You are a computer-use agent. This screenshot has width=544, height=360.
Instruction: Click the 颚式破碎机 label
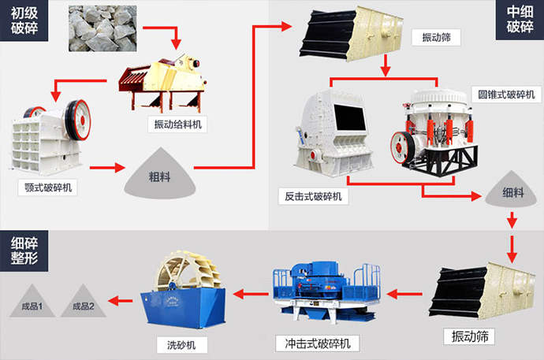(48, 187)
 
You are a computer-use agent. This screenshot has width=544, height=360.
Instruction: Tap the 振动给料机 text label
(177, 124)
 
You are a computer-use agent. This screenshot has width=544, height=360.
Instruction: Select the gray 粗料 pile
(160, 173)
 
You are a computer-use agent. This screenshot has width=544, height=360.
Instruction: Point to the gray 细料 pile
(511, 190)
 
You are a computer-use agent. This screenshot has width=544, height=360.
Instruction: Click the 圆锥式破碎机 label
(506, 95)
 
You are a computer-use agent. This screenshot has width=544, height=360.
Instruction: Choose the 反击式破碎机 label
(313, 196)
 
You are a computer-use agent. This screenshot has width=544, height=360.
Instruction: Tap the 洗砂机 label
(181, 345)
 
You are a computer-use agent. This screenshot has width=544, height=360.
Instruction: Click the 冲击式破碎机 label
(318, 343)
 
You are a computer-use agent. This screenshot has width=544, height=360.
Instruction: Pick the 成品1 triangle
(32, 303)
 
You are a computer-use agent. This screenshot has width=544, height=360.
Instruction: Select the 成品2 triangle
(84, 303)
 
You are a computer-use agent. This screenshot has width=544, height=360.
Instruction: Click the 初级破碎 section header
(24, 20)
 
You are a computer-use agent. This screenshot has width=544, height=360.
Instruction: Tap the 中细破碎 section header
(520, 20)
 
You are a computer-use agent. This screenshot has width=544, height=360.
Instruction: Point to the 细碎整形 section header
(24, 251)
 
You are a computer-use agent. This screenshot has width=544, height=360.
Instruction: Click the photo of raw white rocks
(102, 28)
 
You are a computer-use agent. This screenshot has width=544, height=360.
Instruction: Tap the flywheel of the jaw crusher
(78, 120)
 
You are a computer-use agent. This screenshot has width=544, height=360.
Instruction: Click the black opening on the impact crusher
(350, 117)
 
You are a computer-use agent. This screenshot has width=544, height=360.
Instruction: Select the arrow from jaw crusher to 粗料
(107, 168)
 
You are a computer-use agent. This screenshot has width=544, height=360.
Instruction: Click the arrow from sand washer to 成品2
(121, 301)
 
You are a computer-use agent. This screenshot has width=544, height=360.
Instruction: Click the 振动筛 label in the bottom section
(469, 336)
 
